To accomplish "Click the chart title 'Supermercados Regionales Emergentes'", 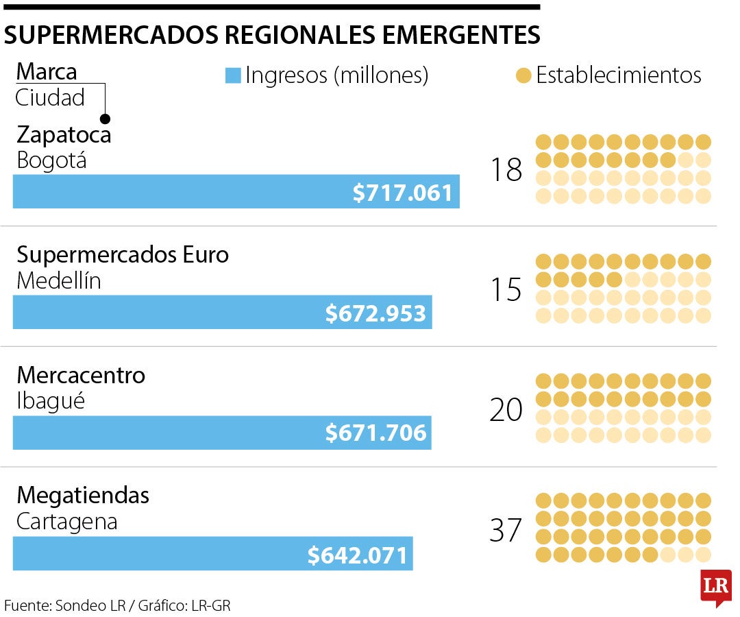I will [272, 35].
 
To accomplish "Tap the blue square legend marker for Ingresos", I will [234, 75].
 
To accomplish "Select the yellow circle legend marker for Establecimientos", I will [523, 75].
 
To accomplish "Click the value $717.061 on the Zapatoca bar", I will [403, 193].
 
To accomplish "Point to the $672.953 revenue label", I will [375, 313].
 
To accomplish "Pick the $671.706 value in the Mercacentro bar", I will [375, 433].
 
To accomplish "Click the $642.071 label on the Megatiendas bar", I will [358, 555].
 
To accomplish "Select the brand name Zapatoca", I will [64, 134].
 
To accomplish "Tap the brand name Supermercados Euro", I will [123, 255].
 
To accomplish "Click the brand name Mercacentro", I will [81, 375].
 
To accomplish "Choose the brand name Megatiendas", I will [83, 495].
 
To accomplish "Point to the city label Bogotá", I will [52, 161].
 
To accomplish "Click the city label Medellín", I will [59, 281].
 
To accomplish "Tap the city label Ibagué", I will [51, 402].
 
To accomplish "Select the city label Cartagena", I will [67, 522].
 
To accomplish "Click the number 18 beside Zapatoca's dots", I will [506, 170].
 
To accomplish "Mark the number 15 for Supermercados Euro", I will [506, 291].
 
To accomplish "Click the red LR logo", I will [715, 587].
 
